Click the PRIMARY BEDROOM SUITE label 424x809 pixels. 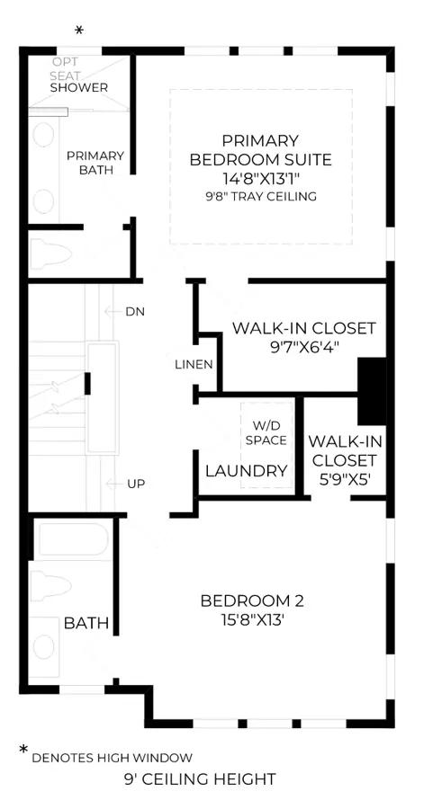click(x=261, y=150)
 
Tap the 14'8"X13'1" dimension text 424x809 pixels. click(x=261, y=179)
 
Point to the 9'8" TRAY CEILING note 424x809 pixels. click(x=261, y=197)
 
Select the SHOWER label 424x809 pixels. click(x=79, y=87)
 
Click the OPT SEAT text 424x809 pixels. click(x=66, y=68)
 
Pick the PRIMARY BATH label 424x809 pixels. click(x=95, y=163)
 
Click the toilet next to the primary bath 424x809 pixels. click(x=50, y=254)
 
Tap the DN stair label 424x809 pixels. click(x=135, y=311)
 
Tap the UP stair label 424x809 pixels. click(x=135, y=484)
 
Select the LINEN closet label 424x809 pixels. click(x=194, y=364)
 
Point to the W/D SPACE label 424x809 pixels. click(x=266, y=433)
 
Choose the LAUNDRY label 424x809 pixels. click(x=247, y=471)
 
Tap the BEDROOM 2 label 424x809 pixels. click(x=252, y=601)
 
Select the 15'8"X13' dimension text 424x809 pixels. click(x=252, y=619)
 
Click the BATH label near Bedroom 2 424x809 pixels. click(x=86, y=623)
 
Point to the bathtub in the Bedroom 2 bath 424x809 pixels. click(x=73, y=540)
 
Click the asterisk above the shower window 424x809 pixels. click(x=79, y=31)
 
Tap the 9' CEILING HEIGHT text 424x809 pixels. click(x=200, y=778)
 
